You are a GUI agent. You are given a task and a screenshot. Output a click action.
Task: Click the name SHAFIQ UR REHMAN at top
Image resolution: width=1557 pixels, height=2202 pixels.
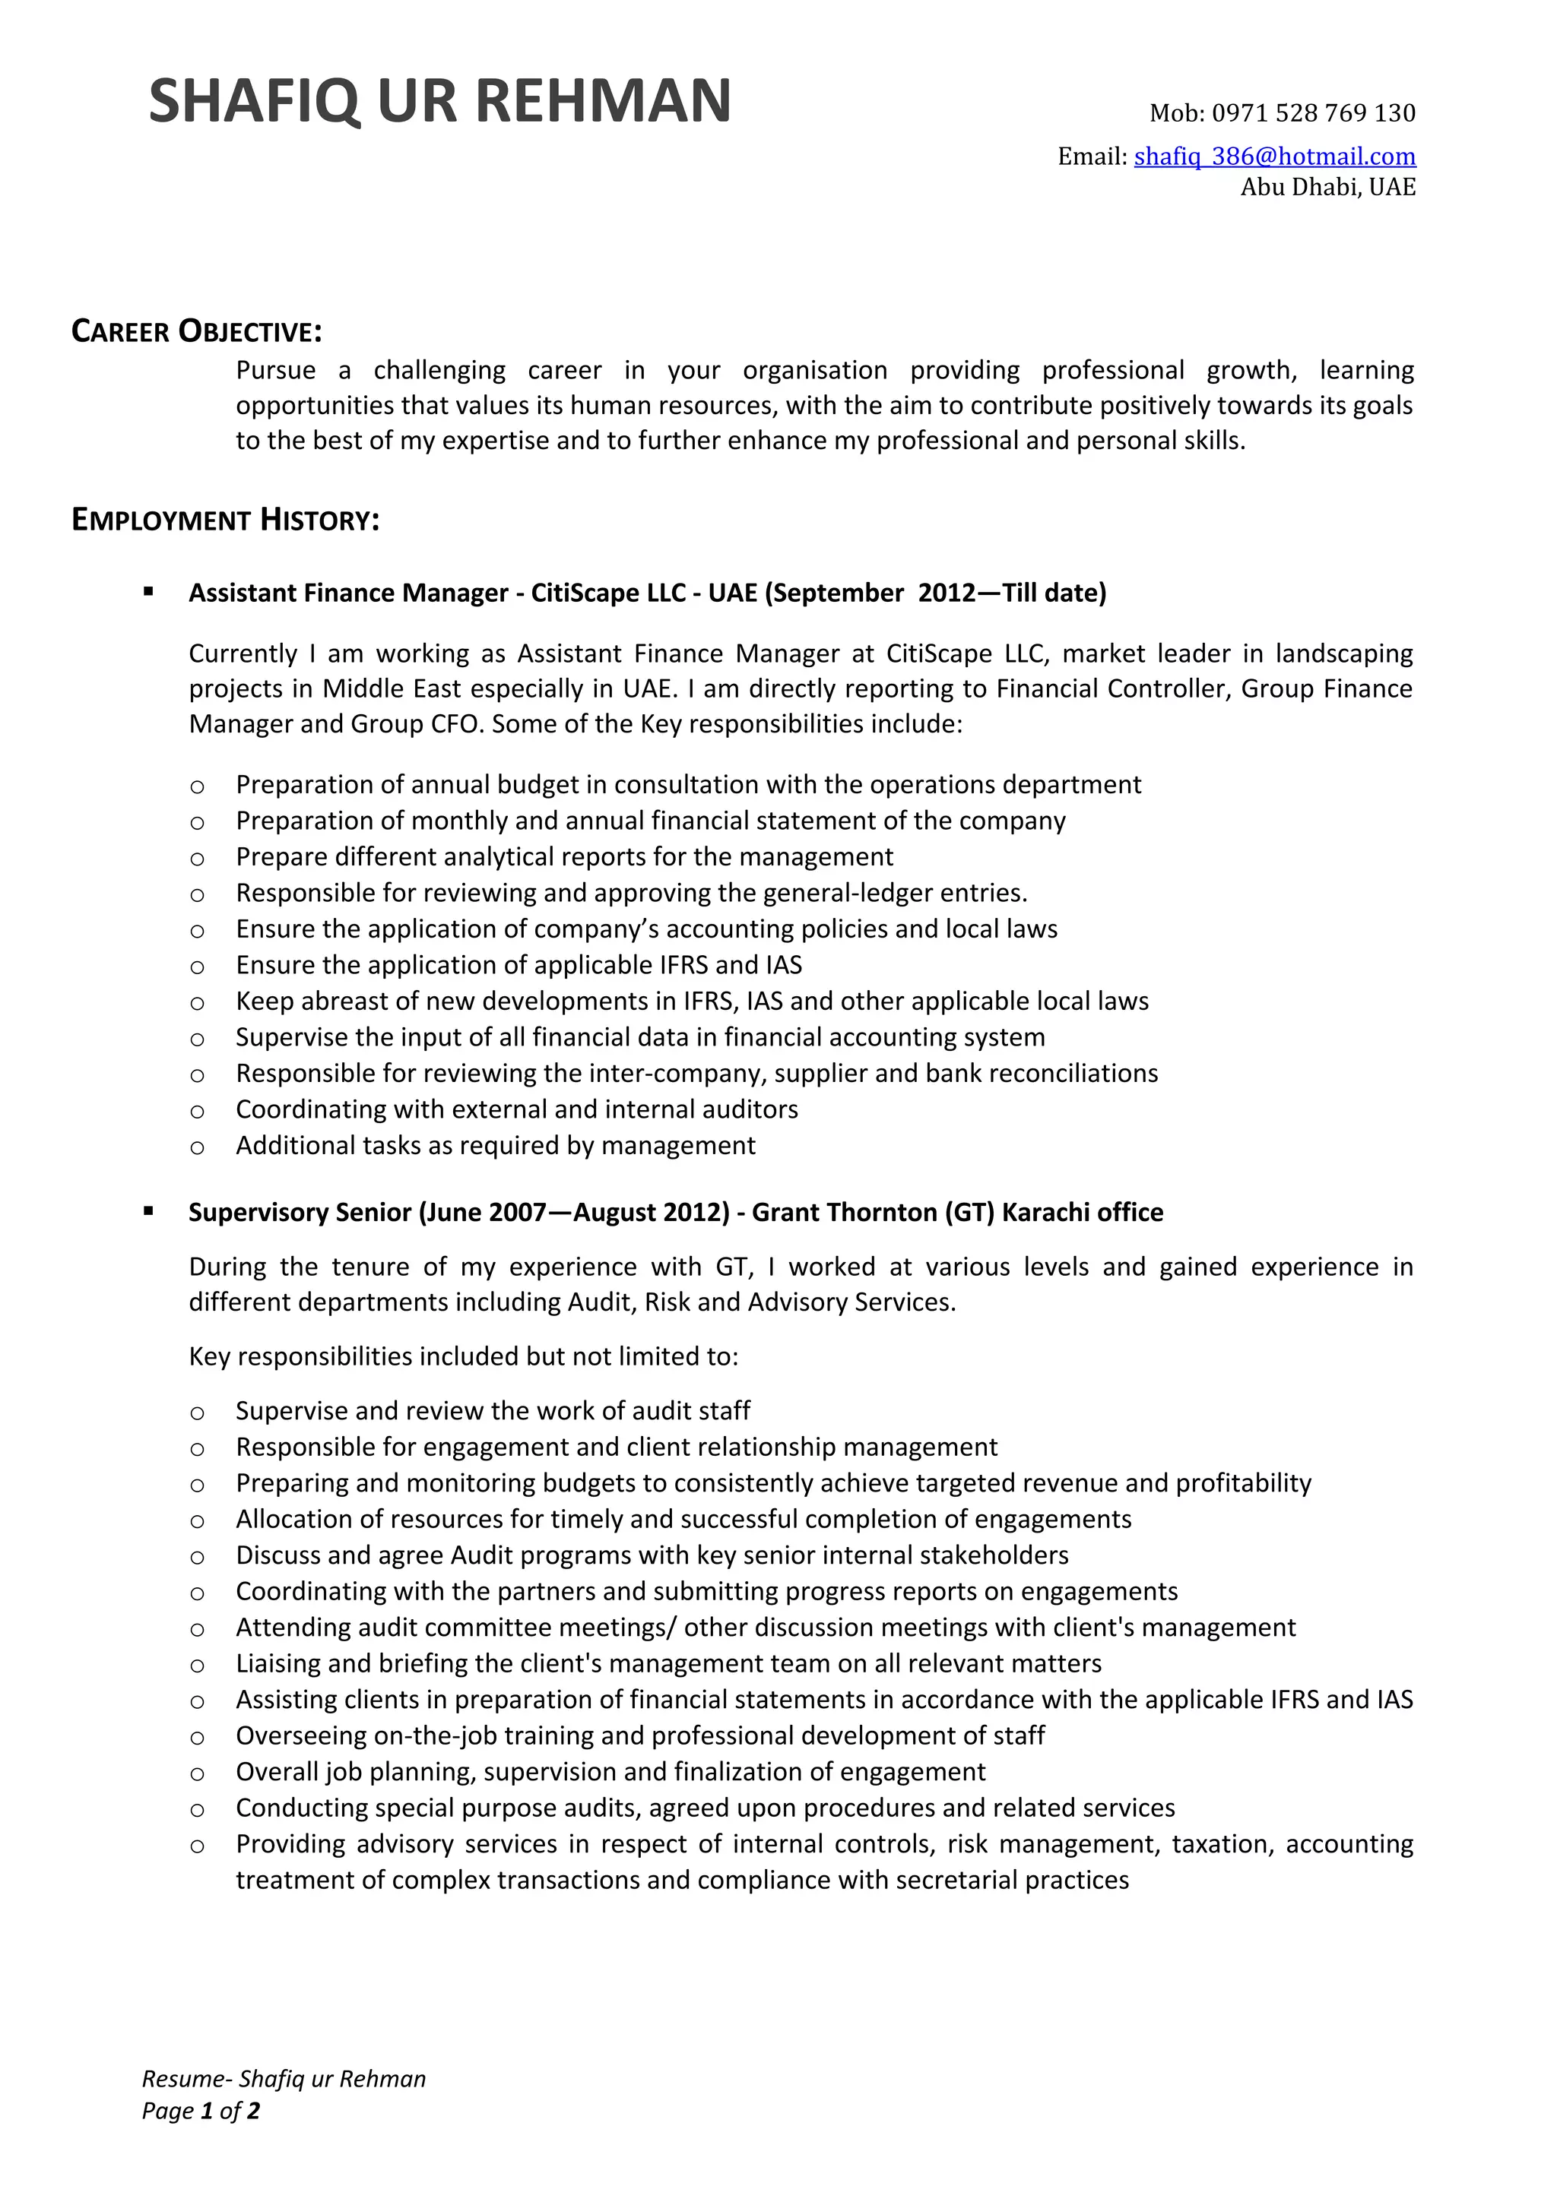[x=439, y=101]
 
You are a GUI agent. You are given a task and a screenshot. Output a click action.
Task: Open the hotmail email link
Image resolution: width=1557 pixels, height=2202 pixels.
[x=1274, y=157]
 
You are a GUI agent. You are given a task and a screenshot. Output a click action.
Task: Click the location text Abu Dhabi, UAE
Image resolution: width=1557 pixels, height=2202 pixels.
[x=1327, y=187]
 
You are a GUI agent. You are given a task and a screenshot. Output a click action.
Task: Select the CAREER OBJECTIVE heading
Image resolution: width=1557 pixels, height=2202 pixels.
[x=197, y=332]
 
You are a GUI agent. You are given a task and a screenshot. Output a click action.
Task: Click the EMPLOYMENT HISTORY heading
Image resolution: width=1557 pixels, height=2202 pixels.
[x=226, y=520]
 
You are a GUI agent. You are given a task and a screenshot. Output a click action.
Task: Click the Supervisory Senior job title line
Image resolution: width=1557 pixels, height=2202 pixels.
[x=675, y=1212]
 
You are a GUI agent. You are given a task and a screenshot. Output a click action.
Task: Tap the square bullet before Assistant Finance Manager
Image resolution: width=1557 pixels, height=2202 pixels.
[x=149, y=593]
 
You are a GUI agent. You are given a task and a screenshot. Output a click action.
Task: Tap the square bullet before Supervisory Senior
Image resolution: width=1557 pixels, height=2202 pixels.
[x=149, y=1211]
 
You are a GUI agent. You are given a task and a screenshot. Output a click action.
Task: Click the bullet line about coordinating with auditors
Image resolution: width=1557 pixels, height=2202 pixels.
[x=516, y=1109]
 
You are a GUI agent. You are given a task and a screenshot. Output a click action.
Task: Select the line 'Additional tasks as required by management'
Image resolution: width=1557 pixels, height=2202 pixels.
[x=495, y=1145]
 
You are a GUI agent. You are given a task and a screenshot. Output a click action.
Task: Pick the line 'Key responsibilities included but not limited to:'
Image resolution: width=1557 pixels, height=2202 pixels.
[x=463, y=1356]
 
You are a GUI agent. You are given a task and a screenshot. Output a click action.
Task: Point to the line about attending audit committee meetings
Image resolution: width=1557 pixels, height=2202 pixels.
[x=765, y=1628]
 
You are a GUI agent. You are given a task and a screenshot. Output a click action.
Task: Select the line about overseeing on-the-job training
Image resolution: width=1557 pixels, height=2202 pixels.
[x=640, y=1736]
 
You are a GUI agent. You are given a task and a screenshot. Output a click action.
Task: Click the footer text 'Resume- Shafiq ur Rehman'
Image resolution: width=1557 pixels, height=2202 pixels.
[x=284, y=2079]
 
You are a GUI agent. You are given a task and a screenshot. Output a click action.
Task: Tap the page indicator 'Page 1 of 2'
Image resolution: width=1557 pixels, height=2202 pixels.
[x=201, y=2111]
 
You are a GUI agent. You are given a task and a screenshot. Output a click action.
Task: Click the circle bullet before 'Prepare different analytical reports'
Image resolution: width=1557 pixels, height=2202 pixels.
[x=197, y=859]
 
